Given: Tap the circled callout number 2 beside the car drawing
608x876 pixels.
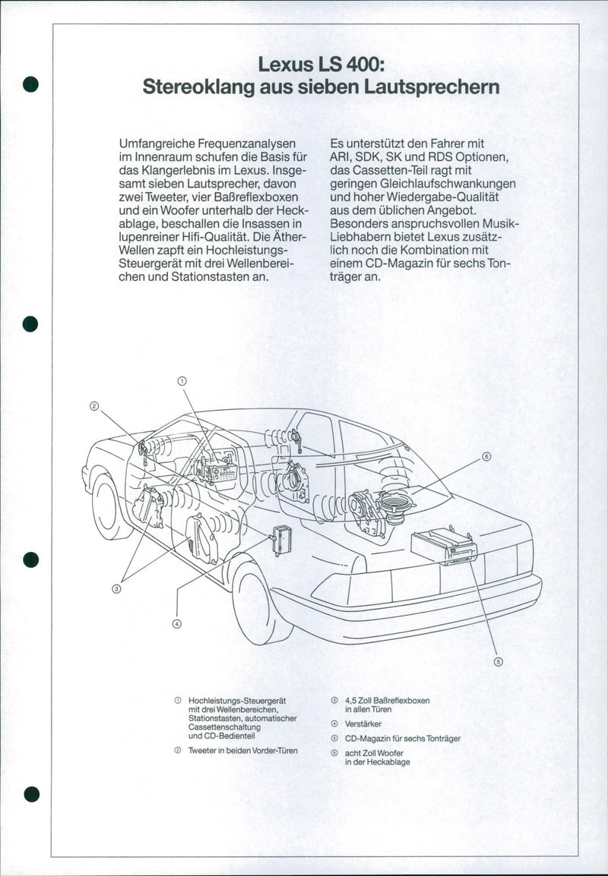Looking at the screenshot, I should click(94, 405).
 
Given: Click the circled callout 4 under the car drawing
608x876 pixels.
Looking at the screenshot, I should click(177, 624).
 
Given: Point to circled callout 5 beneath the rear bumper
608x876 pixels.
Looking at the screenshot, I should click(499, 660).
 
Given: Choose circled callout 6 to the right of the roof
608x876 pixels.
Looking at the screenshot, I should click(486, 456).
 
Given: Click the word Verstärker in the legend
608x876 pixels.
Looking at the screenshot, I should click(363, 724).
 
